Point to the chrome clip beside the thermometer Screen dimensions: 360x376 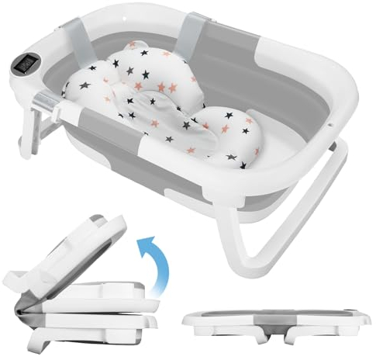pyautogui.click(x=44, y=100)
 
